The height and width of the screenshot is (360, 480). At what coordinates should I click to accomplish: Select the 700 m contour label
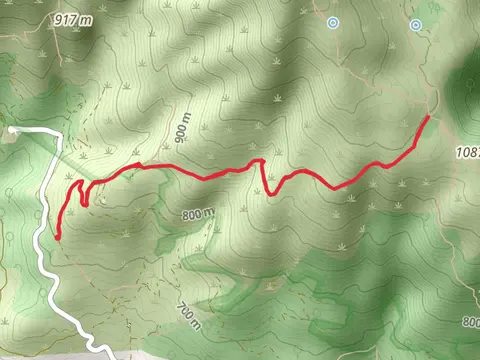(187, 316)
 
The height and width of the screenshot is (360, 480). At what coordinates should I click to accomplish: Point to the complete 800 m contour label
(199, 214)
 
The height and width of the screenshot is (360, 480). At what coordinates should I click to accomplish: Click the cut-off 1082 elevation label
(468, 152)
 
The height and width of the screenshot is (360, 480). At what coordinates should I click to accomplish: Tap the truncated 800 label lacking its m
(471, 322)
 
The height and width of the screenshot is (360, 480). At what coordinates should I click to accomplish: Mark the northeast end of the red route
(428, 118)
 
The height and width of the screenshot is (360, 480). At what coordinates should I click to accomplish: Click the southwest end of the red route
(58, 237)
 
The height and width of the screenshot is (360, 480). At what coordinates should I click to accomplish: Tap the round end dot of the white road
(11, 129)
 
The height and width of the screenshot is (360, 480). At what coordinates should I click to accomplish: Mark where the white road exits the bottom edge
(111, 357)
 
